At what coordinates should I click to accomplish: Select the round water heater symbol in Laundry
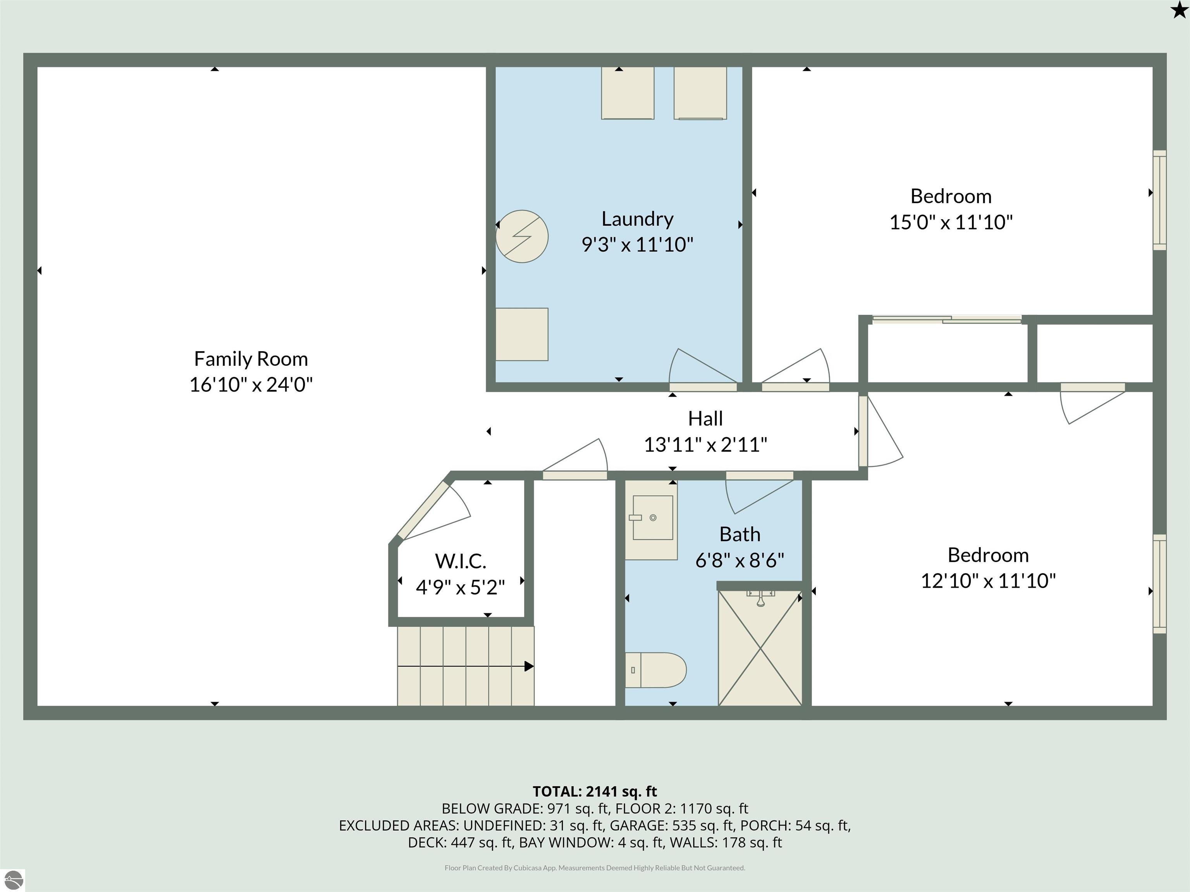(x=522, y=237)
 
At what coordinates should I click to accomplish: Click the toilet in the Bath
(x=655, y=670)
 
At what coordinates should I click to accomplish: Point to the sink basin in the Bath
(x=653, y=517)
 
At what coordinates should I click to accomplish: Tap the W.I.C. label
(x=461, y=561)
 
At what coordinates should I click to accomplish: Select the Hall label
(x=705, y=418)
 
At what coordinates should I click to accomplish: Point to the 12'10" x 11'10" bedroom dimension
(x=988, y=581)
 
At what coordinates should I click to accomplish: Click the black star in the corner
(x=1179, y=10)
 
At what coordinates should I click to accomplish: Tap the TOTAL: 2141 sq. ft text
(x=595, y=791)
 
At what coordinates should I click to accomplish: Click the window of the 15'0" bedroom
(x=1159, y=200)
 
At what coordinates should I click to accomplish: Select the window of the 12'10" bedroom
(x=1159, y=584)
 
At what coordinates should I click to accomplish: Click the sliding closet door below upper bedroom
(x=946, y=319)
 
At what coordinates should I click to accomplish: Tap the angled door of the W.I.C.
(x=422, y=510)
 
